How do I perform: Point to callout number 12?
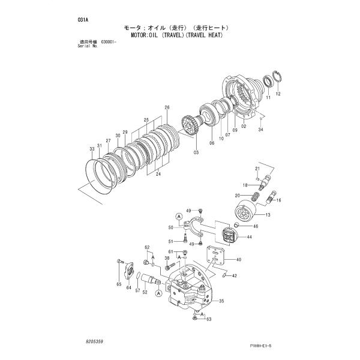coord(278,94)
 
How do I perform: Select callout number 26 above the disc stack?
coord(167,108)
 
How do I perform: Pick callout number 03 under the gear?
coord(196,153)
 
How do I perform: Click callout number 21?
coord(257,168)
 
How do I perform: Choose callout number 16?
coord(279,200)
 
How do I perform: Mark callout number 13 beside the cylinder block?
coord(268,215)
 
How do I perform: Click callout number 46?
coord(255,227)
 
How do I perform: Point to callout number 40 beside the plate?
coord(239,260)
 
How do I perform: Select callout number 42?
coord(234,276)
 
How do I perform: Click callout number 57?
coord(137,291)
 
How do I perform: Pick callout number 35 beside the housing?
coord(221,301)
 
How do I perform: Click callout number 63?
coord(209,319)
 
